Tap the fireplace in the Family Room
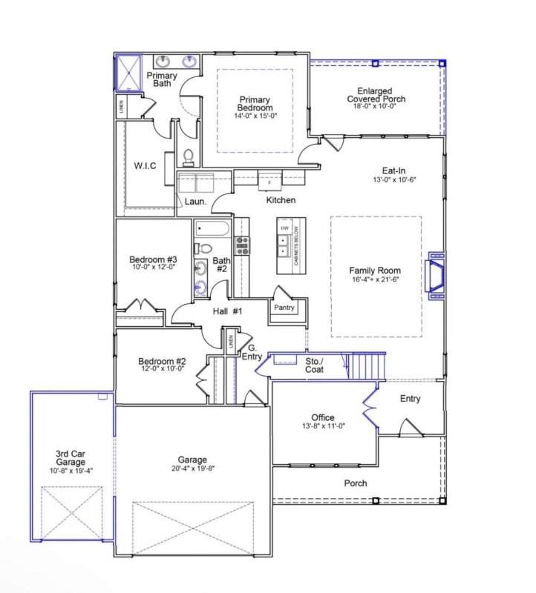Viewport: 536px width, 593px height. pyautogui.click(x=434, y=276)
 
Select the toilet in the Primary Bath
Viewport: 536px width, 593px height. pyautogui.click(x=188, y=156)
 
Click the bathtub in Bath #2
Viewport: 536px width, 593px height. pyautogui.click(x=213, y=229)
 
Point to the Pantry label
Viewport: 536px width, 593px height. pyautogui.click(x=284, y=307)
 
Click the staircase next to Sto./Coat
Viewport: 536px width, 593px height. pyautogui.click(x=367, y=365)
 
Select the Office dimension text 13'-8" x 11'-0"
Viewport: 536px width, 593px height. pyautogui.click(x=323, y=426)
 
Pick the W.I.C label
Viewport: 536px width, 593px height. pyautogui.click(x=144, y=165)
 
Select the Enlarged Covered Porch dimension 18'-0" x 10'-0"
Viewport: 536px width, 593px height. pyautogui.click(x=375, y=106)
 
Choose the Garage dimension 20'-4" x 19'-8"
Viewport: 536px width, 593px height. pyautogui.click(x=192, y=468)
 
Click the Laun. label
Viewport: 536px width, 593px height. pyautogui.click(x=195, y=201)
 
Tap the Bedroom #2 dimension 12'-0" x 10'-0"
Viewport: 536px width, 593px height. pyautogui.click(x=161, y=368)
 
